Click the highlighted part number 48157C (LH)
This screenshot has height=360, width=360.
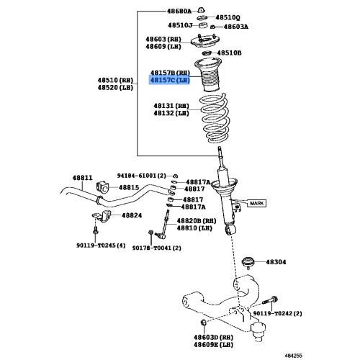170,80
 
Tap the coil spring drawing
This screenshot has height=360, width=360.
215,118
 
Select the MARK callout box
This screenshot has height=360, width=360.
256,203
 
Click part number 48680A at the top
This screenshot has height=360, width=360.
179,11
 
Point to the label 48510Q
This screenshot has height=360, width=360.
228,17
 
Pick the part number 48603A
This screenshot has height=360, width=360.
236,27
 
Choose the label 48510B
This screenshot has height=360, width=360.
229,53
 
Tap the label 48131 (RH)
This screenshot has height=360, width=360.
171,106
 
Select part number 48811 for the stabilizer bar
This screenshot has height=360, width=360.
82,178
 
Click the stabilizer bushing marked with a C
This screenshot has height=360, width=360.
102,187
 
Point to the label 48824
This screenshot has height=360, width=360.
132,215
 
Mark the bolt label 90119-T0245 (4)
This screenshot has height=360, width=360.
101,246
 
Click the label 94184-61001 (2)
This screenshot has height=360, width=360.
141,176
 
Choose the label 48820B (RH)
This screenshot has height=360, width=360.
197,221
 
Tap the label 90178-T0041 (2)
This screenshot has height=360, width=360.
156,248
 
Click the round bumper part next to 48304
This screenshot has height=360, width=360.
248,262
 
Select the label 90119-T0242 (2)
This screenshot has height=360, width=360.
277,313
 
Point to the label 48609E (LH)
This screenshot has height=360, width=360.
213,345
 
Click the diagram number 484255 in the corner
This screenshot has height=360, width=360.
293,356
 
